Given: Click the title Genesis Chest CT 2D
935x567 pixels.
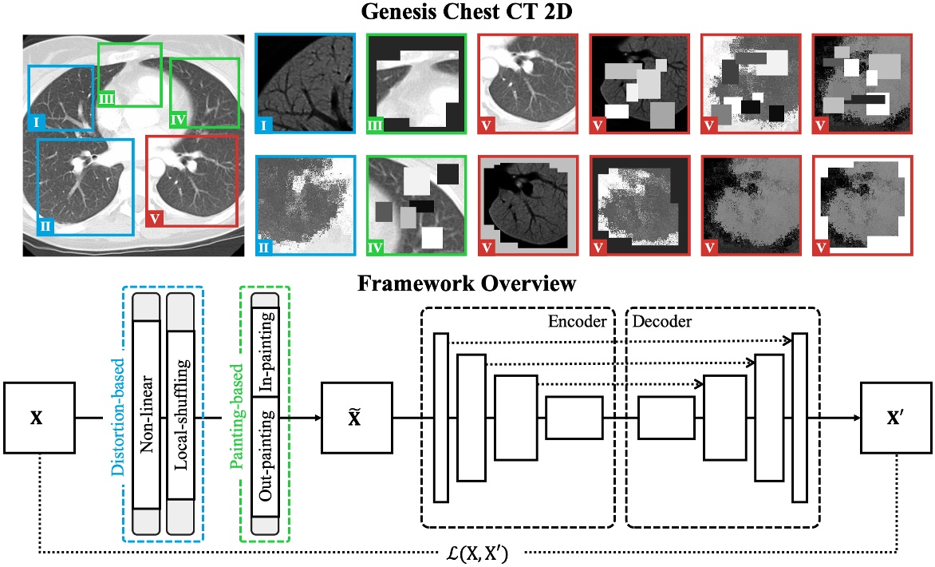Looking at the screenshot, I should point(467,14).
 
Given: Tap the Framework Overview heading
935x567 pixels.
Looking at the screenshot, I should point(467,283).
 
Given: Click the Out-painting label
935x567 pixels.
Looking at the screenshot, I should point(264,455).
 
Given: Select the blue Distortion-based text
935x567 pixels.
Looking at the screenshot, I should point(117,414).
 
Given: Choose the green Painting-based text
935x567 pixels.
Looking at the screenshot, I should point(235,414).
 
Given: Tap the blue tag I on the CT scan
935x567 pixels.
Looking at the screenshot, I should point(37,122).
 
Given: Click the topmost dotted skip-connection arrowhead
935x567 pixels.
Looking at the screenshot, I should point(788,341).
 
